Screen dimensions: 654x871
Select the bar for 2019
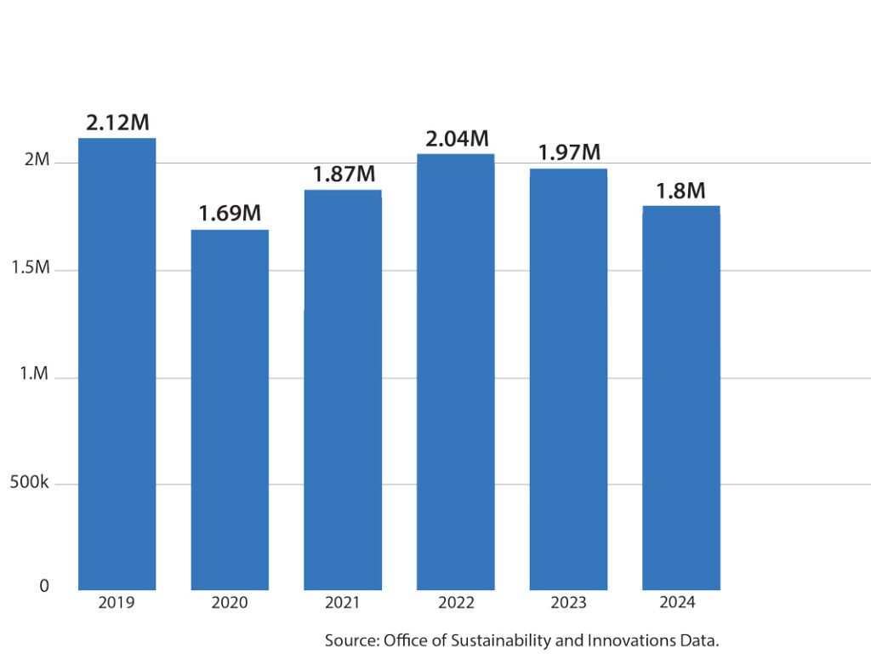click(117, 364)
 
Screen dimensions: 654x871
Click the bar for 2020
click(230, 410)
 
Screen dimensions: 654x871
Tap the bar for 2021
click(343, 389)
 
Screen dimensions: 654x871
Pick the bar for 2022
click(455, 371)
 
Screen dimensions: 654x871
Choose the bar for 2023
click(568, 379)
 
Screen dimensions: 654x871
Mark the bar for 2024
click(680, 398)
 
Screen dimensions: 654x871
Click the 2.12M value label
click(117, 123)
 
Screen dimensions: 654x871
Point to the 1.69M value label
click(230, 214)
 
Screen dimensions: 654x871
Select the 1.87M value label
click(344, 174)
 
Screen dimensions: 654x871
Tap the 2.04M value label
click(457, 139)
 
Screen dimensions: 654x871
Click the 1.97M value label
click(569, 153)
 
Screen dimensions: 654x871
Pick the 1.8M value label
click(680, 191)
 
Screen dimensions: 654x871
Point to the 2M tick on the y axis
click(37, 162)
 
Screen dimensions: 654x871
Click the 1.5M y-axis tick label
click(31, 269)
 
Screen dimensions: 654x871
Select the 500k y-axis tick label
click(31, 483)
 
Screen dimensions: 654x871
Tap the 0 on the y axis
click(44, 587)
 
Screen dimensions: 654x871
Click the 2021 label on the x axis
click(343, 603)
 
